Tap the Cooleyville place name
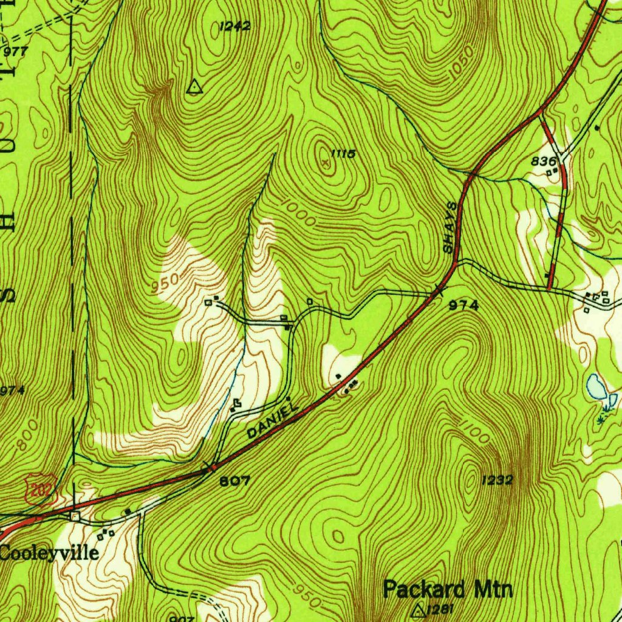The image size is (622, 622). point(49,553)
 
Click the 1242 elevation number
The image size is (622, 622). point(234,26)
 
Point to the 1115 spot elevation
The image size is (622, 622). point(343,154)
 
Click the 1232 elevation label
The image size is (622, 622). point(497,480)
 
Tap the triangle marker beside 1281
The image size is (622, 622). point(418,609)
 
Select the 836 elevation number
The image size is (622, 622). point(544,161)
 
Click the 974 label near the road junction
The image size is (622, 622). point(463,306)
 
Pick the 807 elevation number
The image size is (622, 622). point(234,480)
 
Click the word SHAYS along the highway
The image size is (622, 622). point(449,228)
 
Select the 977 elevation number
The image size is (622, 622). point(15,52)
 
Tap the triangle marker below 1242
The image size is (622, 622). point(194,87)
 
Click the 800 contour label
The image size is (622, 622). point(26,435)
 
